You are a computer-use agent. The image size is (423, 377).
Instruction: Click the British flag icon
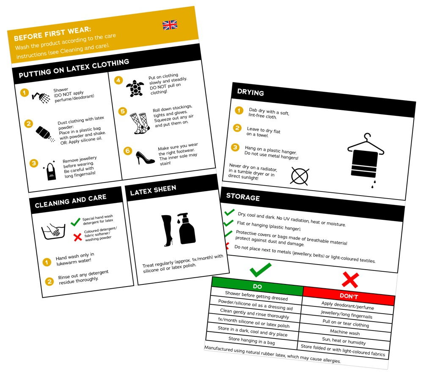pyautogui.click(x=170, y=25)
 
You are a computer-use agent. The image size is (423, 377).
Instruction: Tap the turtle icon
pyautogui.click(x=135, y=88)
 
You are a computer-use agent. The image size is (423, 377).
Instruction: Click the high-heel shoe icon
pyautogui.click(x=145, y=157)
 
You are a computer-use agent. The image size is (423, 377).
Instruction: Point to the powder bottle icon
pyautogui.click(x=45, y=134)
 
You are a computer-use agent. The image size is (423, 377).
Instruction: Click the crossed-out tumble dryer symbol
pyautogui.click(x=299, y=176)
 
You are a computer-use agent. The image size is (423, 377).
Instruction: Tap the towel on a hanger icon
pyautogui.click(x=365, y=159)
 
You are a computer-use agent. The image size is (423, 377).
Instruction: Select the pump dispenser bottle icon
pyautogui.click(x=187, y=229)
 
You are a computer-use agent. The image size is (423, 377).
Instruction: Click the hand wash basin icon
pyautogui.click(x=53, y=231)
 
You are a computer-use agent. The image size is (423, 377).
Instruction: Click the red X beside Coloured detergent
pyautogui.click(x=77, y=238)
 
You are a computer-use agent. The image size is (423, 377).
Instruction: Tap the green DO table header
pyautogui.click(x=257, y=286)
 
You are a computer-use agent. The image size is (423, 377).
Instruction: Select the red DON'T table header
pyautogui.click(x=349, y=296)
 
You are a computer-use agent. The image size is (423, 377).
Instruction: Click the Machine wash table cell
pyautogui.click(x=345, y=333)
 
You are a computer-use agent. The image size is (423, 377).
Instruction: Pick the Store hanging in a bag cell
pyautogui.click(x=252, y=341)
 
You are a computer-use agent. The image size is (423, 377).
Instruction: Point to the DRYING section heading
pyautogui.click(x=250, y=93)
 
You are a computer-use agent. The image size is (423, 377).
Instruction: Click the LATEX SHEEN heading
pyautogui.click(x=153, y=190)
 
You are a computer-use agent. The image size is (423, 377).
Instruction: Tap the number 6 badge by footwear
pyautogui.click(x=128, y=150)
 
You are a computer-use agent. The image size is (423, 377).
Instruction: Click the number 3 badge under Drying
pyautogui.click(x=235, y=147)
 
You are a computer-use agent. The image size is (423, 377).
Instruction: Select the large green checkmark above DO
pyautogui.click(x=260, y=270)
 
